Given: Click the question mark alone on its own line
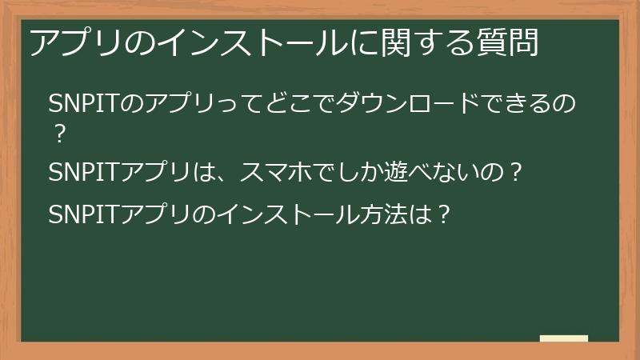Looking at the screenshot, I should pyautogui.click(x=58, y=134).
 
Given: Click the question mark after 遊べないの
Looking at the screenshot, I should pyautogui.click(x=516, y=172).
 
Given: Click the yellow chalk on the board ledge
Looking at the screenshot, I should pyautogui.click(x=564, y=338).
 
